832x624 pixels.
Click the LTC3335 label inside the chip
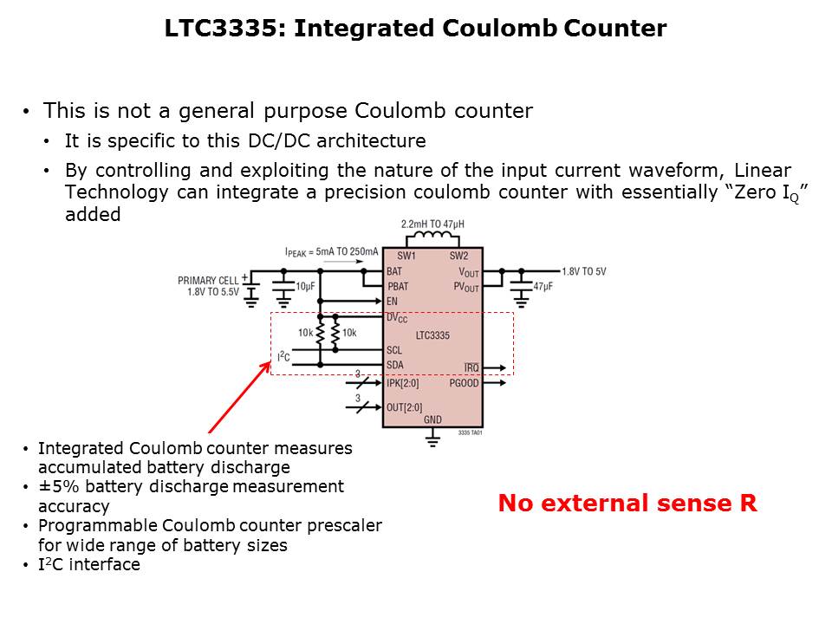point(432,335)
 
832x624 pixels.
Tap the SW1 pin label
point(406,256)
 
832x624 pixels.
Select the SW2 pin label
point(459,256)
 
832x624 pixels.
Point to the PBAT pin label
point(398,287)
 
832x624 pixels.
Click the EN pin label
point(392,302)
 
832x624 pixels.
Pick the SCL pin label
point(394,350)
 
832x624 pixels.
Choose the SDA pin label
point(395,365)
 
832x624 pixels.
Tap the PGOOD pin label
point(464,383)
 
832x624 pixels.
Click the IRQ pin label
point(471,367)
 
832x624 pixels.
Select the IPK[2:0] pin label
point(403,383)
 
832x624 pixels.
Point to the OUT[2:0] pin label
point(405,407)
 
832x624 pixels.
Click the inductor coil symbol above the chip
point(432,237)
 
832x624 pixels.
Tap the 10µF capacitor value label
point(305,287)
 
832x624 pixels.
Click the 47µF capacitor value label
point(543,287)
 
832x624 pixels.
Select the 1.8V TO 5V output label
point(583,271)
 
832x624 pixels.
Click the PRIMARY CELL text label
point(208,281)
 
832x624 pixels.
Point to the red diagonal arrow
point(240,398)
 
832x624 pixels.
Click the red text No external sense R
point(627,503)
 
